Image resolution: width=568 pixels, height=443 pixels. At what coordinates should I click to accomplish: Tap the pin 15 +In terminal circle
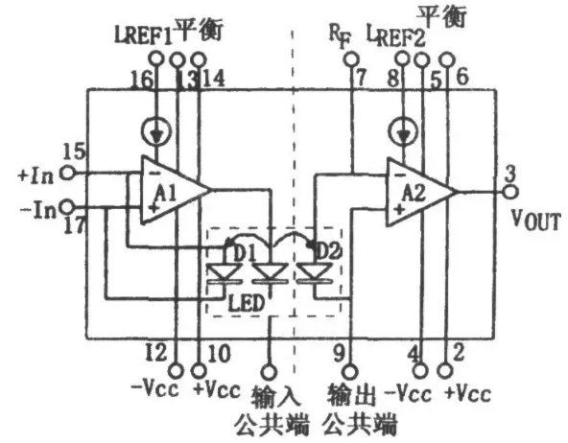(67, 173)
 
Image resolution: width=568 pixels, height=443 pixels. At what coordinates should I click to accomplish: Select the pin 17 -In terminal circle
(67, 207)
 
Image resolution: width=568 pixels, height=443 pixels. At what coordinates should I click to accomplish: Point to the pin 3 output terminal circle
(510, 192)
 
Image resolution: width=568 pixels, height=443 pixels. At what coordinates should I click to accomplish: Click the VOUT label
(535, 220)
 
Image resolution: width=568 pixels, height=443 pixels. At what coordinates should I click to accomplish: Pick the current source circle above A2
(402, 131)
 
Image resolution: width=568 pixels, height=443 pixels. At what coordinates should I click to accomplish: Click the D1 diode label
(244, 253)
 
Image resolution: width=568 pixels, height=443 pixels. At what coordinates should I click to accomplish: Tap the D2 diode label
(328, 249)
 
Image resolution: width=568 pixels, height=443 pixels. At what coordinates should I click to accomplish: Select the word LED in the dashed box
(247, 303)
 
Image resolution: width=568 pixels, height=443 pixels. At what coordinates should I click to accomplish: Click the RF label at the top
(340, 35)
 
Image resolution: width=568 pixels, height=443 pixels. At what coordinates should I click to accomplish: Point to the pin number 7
(361, 77)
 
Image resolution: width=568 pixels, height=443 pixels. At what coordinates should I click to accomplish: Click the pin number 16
(141, 80)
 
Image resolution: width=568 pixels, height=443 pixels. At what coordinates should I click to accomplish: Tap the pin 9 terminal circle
(350, 372)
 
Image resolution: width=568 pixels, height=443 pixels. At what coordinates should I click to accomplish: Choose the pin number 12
(155, 352)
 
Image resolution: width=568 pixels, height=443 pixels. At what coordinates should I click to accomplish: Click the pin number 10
(220, 353)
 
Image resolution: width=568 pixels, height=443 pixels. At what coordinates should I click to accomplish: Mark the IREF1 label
(144, 35)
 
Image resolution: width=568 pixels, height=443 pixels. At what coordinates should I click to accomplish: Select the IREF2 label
(395, 35)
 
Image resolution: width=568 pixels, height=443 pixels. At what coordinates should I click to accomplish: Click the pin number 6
(461, 76)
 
